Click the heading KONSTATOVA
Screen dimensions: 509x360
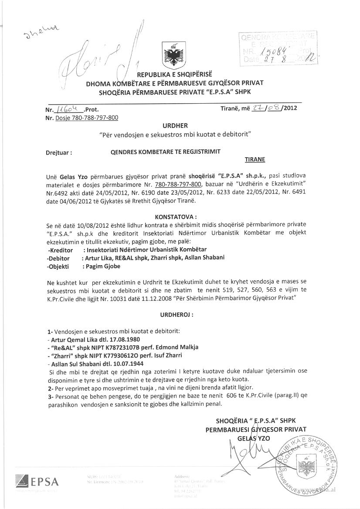(176, 216)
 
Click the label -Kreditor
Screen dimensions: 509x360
(60, 250)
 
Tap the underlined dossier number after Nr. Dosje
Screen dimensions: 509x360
(92, 118)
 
